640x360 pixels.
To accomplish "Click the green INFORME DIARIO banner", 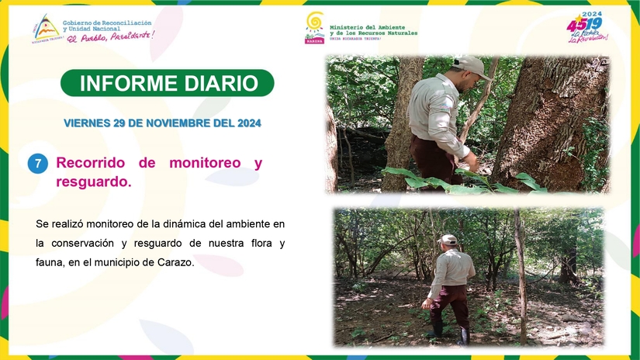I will click(167, 83).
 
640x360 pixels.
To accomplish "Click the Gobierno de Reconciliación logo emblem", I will click(45, 27).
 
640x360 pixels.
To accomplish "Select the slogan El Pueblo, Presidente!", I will click(110, 36).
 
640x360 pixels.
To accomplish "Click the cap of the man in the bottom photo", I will click(448, 239).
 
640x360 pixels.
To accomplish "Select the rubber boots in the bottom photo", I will click(450, 334).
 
